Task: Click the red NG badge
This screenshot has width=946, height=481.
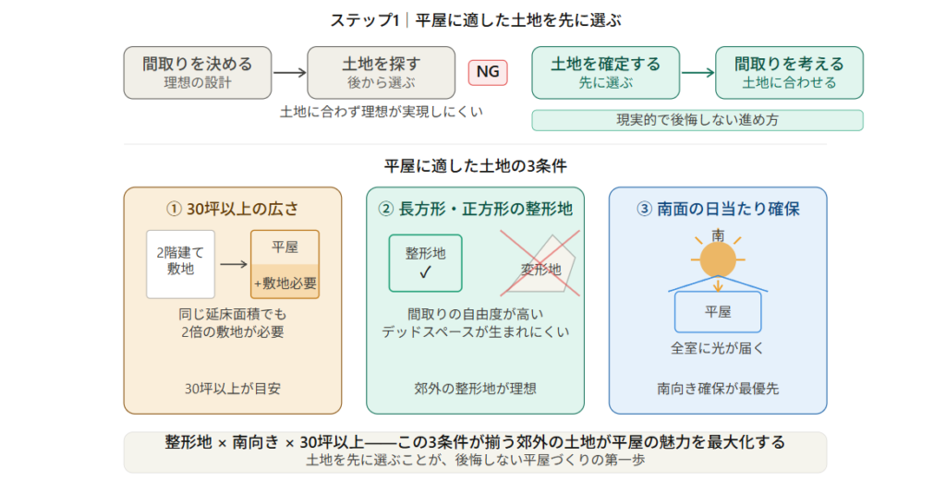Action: point(488,72)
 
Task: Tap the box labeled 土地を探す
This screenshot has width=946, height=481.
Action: point(382,73)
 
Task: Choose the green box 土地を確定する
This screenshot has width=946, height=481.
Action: point(605,73)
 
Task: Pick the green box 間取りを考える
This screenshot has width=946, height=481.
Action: point(789,73)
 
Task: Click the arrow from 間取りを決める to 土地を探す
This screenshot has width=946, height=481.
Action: point(289,73)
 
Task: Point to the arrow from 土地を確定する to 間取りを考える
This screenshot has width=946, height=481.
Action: point(697,73)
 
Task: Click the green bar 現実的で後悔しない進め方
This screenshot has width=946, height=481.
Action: point(697,120)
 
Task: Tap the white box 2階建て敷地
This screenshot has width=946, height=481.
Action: point(180,264)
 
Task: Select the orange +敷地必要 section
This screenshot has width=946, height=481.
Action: point(285,283)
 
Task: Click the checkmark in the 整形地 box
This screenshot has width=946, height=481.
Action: point(425,272)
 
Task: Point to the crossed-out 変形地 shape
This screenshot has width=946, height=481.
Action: point(541,266)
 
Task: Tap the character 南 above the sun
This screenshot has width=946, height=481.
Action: point(718,234)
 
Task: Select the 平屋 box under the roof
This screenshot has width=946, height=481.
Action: point(718,312)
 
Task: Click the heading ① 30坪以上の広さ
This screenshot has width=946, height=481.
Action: point(233,209)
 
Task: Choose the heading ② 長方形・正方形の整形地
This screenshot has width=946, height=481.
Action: point(475,209)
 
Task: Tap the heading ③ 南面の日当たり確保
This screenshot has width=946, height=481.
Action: point(718,209)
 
